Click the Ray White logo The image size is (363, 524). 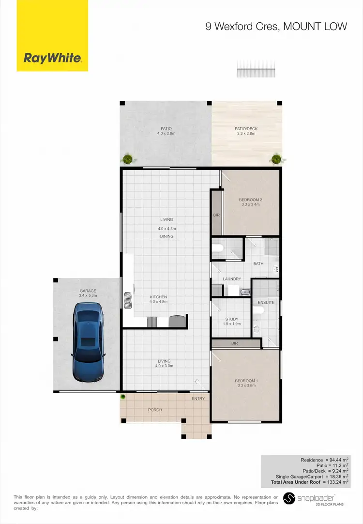point(52,59)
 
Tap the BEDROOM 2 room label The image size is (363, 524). point(250,200)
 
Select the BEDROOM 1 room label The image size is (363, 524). point(246,381)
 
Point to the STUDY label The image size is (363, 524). point(232,319)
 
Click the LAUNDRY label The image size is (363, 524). point(232,279)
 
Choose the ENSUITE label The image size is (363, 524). point(266,302)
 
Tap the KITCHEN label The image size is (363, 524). point(158,297)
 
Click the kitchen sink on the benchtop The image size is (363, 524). point(128,300)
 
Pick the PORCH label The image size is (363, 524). point(155,410)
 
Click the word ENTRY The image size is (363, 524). point(198,399)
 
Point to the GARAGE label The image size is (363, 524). point(88,291)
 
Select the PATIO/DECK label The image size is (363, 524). point(246,129)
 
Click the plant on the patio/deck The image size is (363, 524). point(276,158)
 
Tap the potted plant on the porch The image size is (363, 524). point(123,397)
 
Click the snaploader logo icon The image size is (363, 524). point(288,498)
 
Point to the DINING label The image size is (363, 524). point(166,236)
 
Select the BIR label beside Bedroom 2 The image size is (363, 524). point(216,215)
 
